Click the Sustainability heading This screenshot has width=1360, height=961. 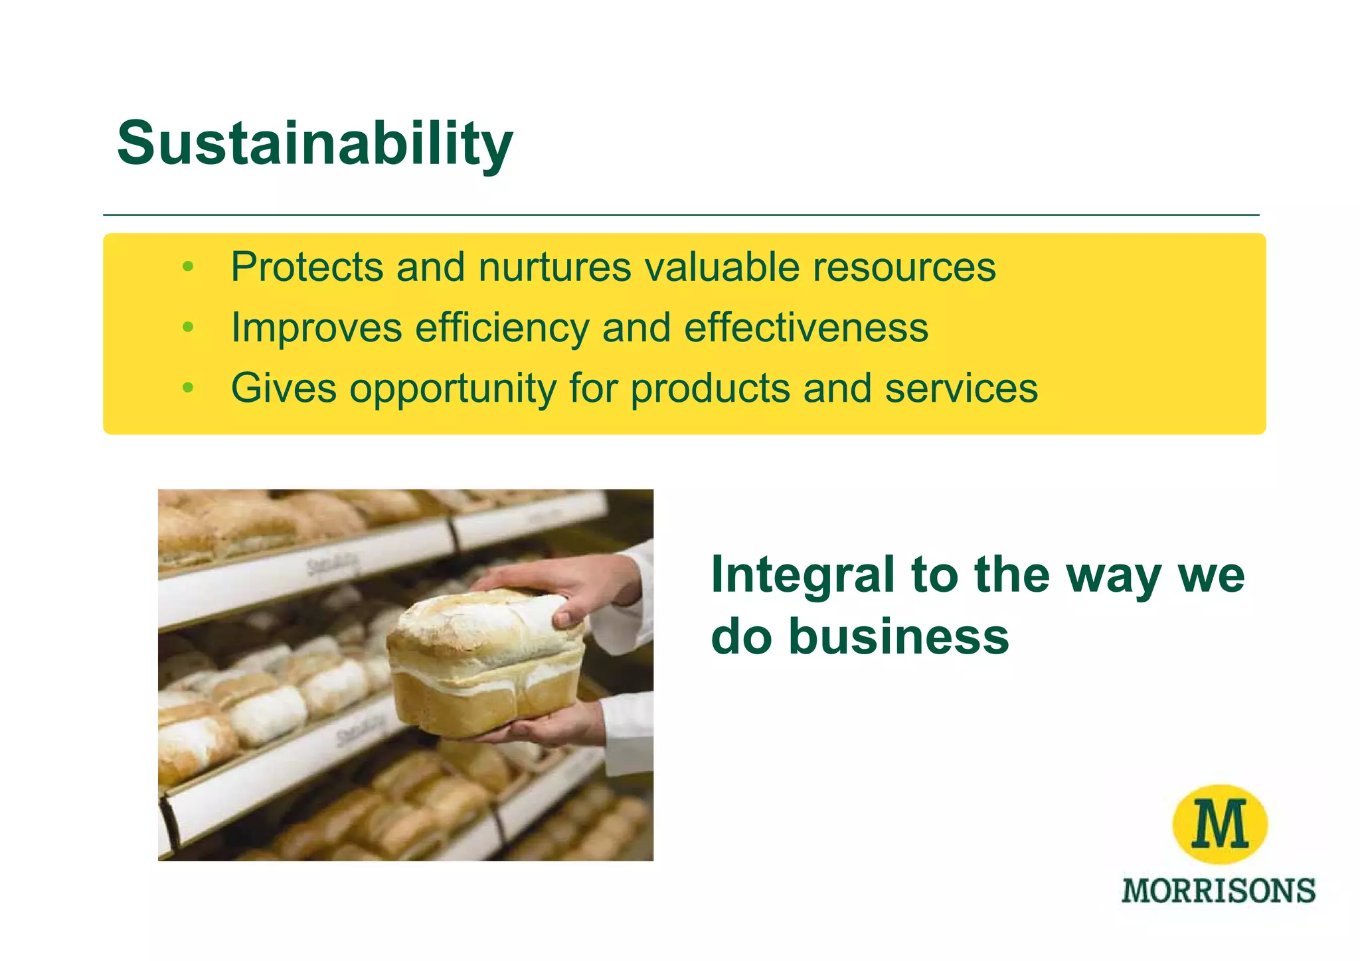point(314,143)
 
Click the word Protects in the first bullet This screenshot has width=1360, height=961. point(307,267)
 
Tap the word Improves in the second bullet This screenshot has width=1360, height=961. point(316,327)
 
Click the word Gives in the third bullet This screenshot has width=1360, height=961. point(284,388)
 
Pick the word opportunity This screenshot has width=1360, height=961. point(453,389)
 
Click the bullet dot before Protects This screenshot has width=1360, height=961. point(188,268)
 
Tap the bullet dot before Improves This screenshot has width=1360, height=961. point(188,328)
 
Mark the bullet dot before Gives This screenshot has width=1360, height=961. point(188,388)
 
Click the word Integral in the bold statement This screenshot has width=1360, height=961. point(802,575)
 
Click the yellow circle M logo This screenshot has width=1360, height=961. point(1219,824)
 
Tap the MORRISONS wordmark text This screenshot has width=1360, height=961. point(1218,891)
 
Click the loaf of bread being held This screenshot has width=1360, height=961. point(485,664)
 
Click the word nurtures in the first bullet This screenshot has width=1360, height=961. point(554,267)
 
